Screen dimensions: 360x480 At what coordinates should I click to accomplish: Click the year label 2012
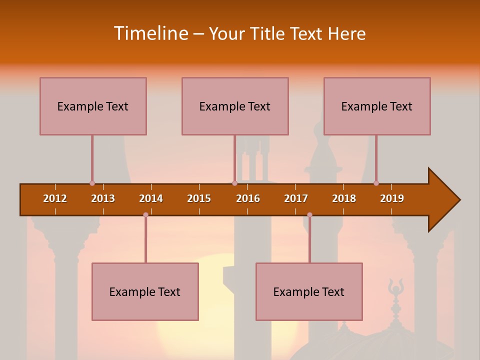55,198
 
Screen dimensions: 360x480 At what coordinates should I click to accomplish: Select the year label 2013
103,198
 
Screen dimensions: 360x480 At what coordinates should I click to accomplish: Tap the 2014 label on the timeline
151,198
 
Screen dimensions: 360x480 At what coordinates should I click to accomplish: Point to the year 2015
199,198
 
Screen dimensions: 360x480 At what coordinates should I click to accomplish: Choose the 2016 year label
248,198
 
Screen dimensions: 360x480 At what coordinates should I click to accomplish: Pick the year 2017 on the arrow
296,198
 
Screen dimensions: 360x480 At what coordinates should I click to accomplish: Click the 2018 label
344,198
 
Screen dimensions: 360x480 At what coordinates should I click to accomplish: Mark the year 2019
392,198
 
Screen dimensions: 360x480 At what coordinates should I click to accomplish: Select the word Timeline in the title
150,33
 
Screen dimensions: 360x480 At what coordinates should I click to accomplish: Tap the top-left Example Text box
93,106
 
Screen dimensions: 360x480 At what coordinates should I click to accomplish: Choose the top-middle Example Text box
235,106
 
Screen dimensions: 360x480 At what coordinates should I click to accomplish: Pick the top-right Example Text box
377,106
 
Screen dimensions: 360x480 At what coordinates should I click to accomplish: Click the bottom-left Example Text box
145,291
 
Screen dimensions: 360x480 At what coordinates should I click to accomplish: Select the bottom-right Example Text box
309,291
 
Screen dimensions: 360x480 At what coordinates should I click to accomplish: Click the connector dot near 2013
92,183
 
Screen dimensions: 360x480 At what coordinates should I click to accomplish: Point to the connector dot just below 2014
145,215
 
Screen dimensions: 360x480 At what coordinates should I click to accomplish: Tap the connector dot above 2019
376,183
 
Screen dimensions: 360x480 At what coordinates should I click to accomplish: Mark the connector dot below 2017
309,215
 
